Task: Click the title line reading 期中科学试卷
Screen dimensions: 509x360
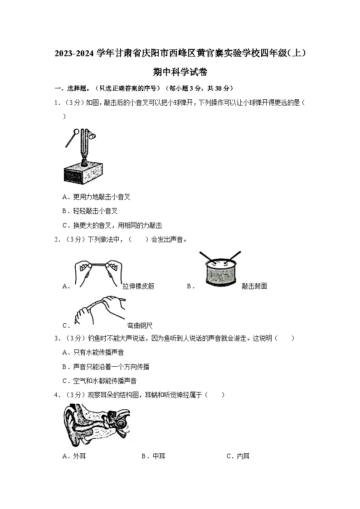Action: (180, 72)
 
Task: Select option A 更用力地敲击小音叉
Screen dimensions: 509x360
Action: (97, 197)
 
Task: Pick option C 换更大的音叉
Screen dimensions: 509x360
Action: (112, 225)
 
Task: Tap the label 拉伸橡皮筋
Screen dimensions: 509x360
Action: (138, 286)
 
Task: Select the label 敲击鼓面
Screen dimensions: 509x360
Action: (254, 286)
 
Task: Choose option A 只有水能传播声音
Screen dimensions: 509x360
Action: (93, 352)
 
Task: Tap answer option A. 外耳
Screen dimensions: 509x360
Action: (74, 456)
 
